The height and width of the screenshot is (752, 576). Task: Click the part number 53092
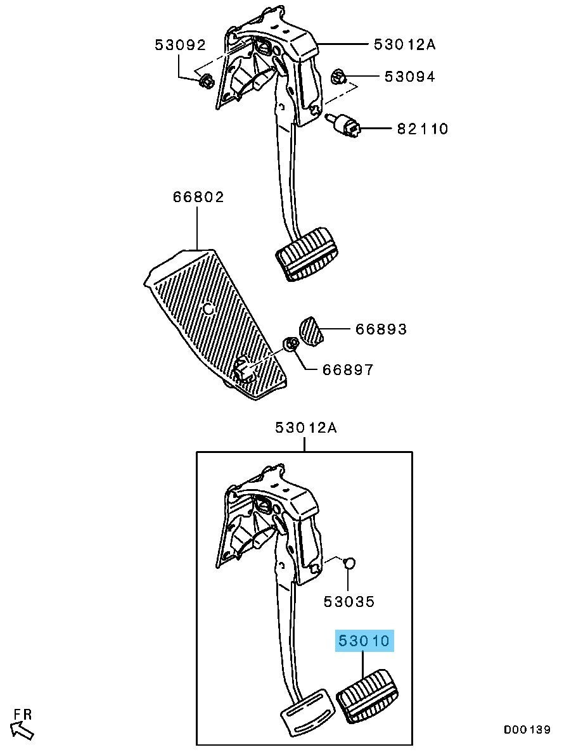click(x=180, y=44)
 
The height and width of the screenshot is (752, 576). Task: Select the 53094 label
click(x=409, y=76)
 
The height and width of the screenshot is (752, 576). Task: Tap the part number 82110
click(x=423, y=129)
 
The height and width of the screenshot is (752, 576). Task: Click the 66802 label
click(x=198, y=196)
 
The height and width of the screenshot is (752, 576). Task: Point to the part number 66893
click(x=381, y=329)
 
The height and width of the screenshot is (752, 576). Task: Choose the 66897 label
click(x=348, y=370)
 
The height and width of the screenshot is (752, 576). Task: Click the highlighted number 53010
click(x=364, y=640)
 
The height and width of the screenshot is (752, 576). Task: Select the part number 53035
click(x=349, y=601)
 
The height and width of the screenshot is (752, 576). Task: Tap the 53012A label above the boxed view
click(x=306, y=427)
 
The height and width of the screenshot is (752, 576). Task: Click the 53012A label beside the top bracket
click(x=405, y=44)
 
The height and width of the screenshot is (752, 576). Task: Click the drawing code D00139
click(x=527, y=730)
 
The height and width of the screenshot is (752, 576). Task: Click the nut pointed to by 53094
click(x=338, y=77)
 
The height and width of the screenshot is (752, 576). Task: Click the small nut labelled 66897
click(x=290, y=344)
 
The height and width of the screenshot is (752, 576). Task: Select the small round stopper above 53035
click(x=350, y=563)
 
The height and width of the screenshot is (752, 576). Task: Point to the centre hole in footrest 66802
click(x=208, y=309)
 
